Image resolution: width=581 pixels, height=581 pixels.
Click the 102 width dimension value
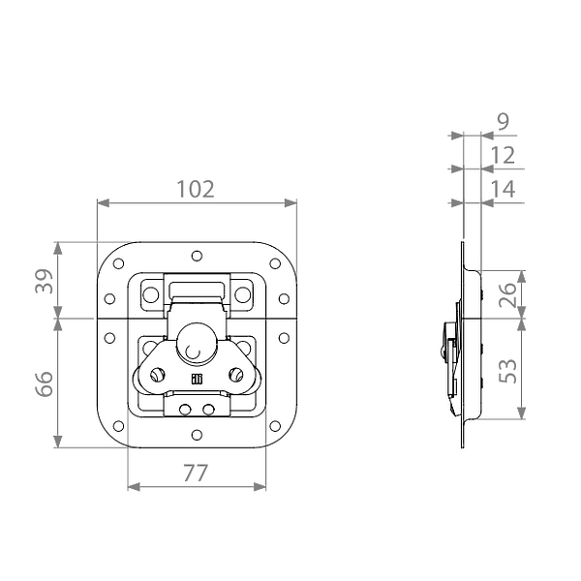click(196, 189)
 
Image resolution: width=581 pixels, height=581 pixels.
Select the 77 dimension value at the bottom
click(196, 474)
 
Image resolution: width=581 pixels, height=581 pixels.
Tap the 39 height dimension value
click(45, 281)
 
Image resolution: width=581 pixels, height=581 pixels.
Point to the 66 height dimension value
click(45, 383)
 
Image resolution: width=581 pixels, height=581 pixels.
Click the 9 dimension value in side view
click(504, 122)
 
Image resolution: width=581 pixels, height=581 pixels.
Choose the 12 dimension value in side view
click(503, 155)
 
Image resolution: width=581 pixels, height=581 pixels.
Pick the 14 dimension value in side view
click(503, 189)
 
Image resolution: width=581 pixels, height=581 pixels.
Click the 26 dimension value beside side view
click(507, 294)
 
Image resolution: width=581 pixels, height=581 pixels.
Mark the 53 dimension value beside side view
click(507, 371)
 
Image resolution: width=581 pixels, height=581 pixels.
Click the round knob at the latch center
click(196, 343)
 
